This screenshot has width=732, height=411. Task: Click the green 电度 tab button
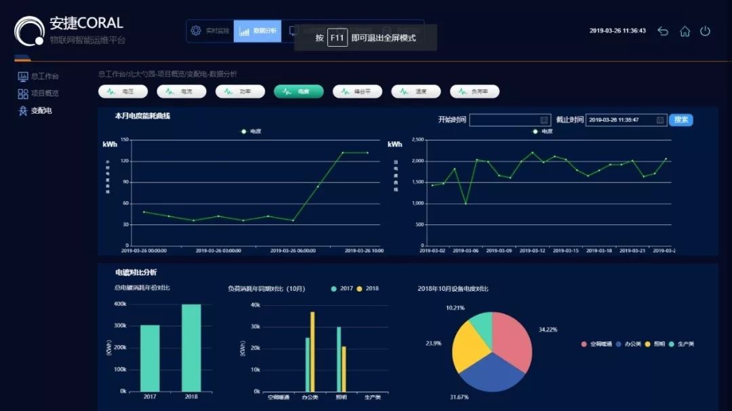click(x=299, y=92)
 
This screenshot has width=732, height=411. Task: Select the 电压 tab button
click(x=123, y=92)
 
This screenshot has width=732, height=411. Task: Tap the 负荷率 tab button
click(x=474, y=92)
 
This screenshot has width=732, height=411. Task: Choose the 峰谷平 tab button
click(x=357, y=92)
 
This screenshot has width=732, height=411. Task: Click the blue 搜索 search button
click(x=680, y=120)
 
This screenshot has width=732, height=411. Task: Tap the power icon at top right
click(x=705, y=31)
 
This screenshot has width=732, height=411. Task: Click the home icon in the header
click(x=685, y=31)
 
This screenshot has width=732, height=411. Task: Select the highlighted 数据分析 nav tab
click(x=258, y=31)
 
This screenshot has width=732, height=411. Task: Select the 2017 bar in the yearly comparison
click(x=150, y=358)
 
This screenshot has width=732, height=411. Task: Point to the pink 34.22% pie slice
click(x=512, y=339)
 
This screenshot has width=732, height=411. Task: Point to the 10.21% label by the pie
click(x=455, y=308)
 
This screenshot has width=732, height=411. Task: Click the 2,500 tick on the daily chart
click(x=418, y=140)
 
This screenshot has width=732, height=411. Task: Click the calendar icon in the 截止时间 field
click(x=660, y=120)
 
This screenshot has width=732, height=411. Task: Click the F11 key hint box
click(x=338, y=38)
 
